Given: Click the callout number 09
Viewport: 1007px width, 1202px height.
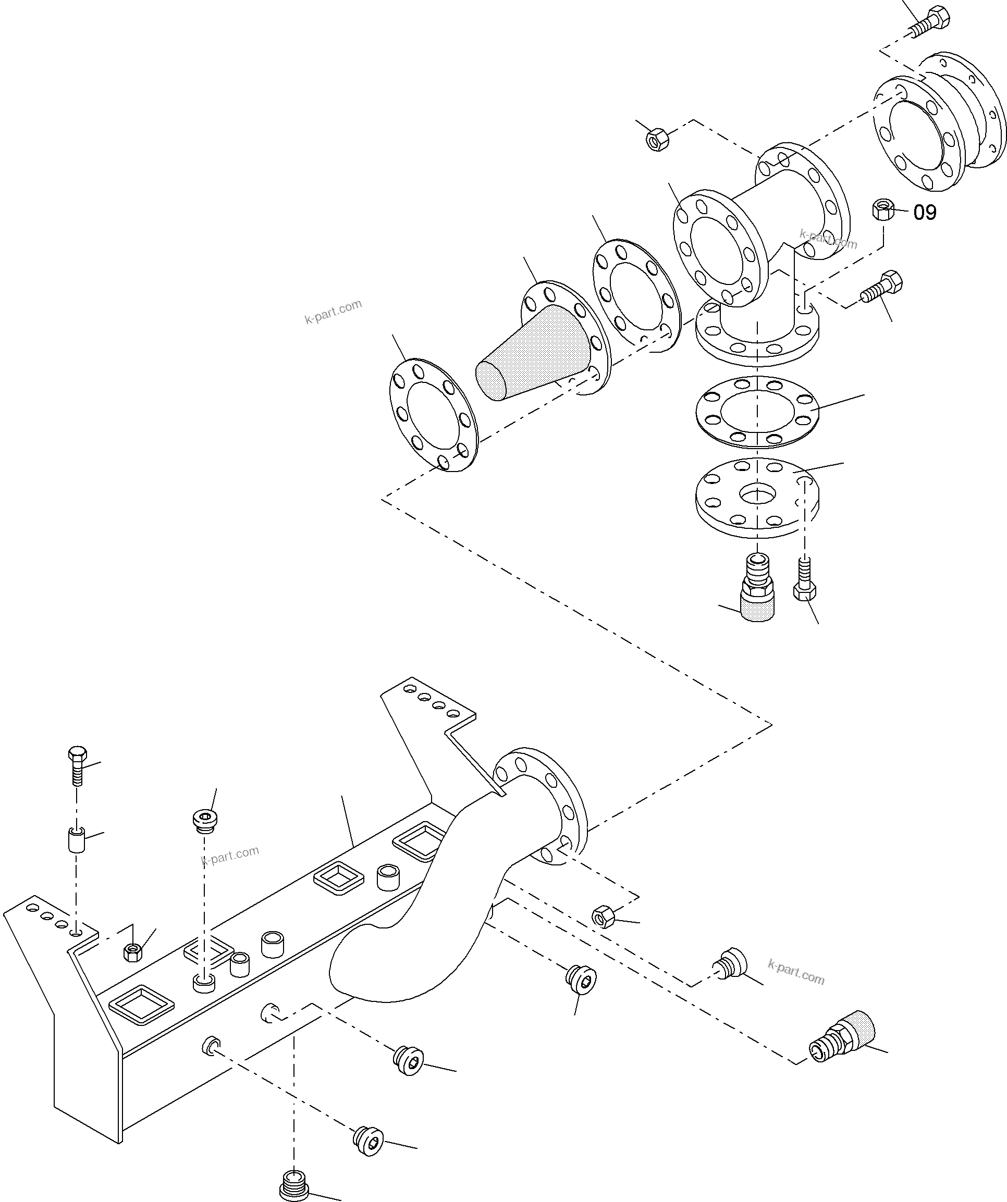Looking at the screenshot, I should tap(924, 213).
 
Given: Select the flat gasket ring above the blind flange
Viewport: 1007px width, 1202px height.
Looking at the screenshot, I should tap(757, 411).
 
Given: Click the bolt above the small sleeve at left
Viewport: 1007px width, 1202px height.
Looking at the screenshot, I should tap(77, 765).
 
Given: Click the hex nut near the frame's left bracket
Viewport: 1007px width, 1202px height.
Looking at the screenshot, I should tap(133, 952).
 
